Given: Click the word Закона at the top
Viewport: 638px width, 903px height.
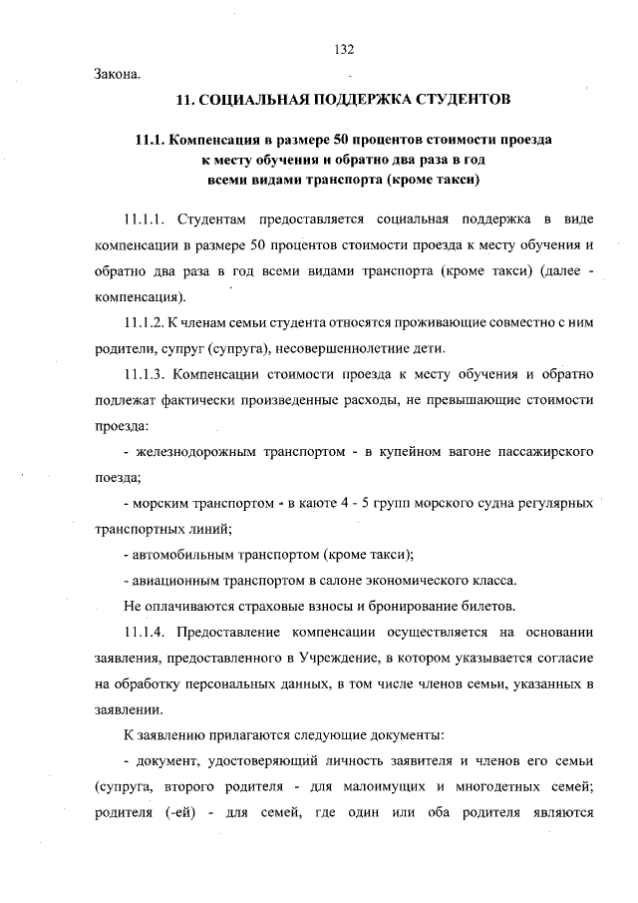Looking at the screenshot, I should (x=118, y=73).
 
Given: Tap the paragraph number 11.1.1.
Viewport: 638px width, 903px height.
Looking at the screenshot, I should (x=147, y=219).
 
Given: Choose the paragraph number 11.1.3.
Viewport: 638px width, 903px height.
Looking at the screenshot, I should (x=147, y=374).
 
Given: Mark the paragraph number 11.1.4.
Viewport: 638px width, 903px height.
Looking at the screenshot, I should (x=147, y=633).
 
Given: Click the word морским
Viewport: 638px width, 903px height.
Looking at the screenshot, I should (x=162, y=503).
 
